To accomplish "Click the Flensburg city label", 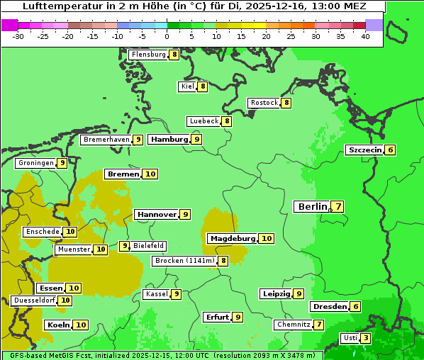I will click(149, 55).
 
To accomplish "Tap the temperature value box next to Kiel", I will click(202, 86).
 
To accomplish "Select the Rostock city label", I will click(264, 103).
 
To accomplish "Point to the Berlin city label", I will click(313, 206).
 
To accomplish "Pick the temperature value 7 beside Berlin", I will click(338, 207).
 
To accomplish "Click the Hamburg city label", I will click(169, 140).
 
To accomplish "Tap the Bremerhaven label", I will click(106, 140).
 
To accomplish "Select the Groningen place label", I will click(36, 163).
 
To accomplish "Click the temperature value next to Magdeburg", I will click(266, 238).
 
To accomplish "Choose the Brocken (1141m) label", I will click(184, 261).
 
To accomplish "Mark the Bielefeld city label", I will click(149, 246).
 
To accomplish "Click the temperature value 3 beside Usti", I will click(365, 338).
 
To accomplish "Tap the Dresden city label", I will click(330, 307).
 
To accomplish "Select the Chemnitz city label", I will click(294, 325).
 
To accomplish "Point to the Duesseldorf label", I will click(34, 300).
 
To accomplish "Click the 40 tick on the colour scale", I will click(365, 36).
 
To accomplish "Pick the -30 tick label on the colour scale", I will click(18, 36).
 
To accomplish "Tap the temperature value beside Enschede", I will click(70, 232).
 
